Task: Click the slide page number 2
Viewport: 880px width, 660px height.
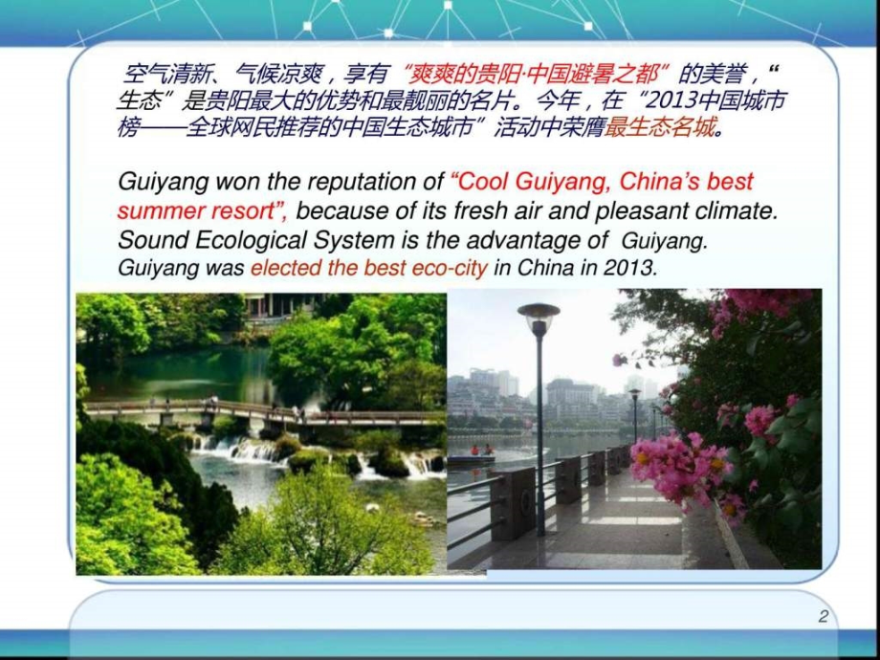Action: pos(823,616)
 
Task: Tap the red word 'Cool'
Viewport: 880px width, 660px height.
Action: pos(480,182)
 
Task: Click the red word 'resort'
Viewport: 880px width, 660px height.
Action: pos(246,211)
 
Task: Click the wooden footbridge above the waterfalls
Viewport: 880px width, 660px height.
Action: pos(264,411)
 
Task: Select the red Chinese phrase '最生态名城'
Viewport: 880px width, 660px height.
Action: pos(661,128)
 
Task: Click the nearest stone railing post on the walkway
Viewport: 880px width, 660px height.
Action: pos(514,504)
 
